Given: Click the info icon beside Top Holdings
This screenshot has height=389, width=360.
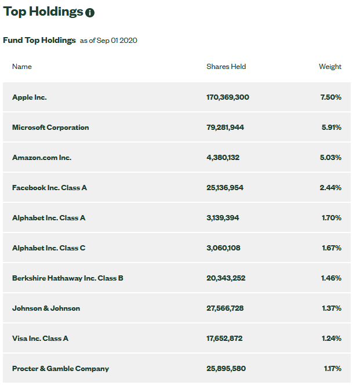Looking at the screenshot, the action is pos(90,13).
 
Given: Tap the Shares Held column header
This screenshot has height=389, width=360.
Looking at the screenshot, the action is pos(226,67).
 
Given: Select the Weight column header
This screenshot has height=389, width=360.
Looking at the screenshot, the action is pos(330,67).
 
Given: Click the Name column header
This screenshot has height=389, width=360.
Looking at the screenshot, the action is pos(22,67).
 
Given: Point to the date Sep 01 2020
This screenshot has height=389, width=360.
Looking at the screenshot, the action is pos(117,41).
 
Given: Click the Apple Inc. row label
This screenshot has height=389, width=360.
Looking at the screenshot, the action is pos(30,97).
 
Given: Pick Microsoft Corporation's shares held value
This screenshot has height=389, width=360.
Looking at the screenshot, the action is pos(226,128).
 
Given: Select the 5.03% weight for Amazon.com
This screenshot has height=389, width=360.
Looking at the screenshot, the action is pos(330,157).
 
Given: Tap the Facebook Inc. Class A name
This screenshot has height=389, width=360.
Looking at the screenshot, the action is pos(50,188).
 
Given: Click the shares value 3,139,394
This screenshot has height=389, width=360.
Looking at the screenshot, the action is pos(223,217).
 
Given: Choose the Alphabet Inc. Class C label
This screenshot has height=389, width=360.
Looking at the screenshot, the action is pos(49,248).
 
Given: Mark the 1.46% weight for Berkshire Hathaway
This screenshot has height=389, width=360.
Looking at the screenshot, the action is pos(331,278).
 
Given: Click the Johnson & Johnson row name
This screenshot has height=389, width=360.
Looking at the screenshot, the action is pos(46,308).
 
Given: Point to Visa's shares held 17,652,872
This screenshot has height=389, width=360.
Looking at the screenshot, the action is pos(224,338).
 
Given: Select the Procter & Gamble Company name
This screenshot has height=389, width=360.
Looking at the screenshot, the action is pos(60,368).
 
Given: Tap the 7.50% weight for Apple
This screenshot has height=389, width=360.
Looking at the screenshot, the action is pos(330,97).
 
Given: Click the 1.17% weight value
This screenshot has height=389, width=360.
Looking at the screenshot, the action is pos(333,368).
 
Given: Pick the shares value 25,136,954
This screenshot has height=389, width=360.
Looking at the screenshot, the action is pos(225,188).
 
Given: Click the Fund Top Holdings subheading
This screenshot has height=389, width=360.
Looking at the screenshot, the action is pos(39,40).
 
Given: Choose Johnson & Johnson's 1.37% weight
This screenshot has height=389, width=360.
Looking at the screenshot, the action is pos(332,308).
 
